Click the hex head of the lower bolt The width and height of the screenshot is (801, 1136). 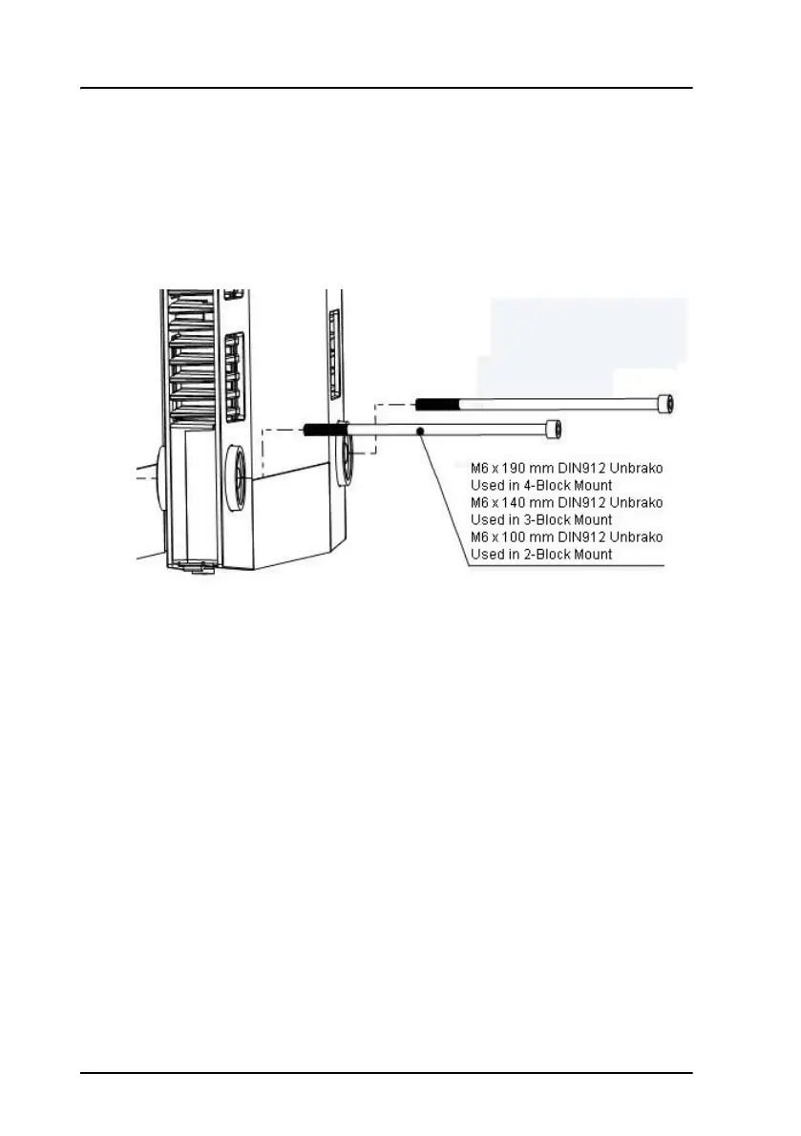click(x=552, y=429)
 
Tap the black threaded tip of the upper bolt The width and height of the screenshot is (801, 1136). click(x=437, y=404)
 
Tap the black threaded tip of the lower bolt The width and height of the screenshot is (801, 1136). click(x=326, y=430)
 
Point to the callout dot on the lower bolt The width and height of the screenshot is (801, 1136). click(x=419, y=431)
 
